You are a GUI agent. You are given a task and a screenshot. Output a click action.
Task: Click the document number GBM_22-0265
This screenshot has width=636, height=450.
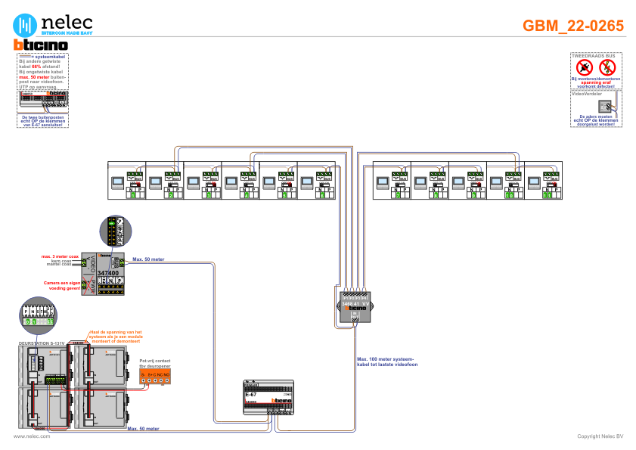(x=573, y=26)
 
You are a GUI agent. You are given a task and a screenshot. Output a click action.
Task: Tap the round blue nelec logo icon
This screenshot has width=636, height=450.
(x=27, y=24)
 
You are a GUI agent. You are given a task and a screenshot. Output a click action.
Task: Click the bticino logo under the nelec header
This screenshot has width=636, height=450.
(x=42, y=45)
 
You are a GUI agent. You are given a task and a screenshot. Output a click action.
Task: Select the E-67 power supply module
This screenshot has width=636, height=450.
(x=268, y=396)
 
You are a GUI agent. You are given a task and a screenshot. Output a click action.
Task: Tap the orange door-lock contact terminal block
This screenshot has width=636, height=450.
(x=155, y=376)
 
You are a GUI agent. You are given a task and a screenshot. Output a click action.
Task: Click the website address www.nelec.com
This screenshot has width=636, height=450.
(x=32, y=436)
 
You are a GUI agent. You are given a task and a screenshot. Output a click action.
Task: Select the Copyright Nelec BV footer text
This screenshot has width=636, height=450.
(x=600, y=436)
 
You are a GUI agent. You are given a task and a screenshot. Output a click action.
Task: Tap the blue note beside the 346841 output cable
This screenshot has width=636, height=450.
(x=386, y=360)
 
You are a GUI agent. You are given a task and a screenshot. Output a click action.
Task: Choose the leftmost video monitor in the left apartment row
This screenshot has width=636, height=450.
(x=117, y=182)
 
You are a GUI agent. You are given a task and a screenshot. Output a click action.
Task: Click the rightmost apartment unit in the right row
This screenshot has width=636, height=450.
(x=544, y=182)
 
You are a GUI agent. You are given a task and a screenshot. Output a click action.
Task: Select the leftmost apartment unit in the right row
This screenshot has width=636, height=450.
(x=391, y=182)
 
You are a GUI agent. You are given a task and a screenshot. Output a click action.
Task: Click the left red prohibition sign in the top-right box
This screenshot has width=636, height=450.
(x=584, y=68)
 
